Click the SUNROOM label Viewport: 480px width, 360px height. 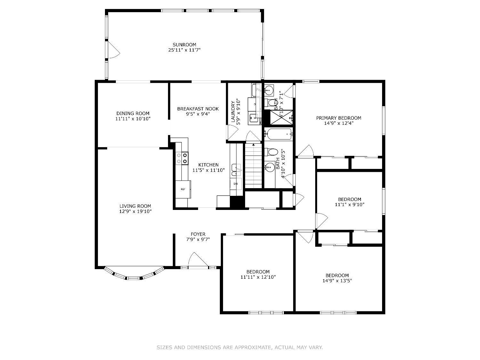[x=184, y=45]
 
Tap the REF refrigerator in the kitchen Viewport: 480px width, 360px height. [x=183, y=189]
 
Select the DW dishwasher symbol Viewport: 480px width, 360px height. [x=236, y=184]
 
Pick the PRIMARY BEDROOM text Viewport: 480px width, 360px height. [x=339, y=118]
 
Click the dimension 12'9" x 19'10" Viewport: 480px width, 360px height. [x=135, y=212]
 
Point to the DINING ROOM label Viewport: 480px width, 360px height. [x=133, y=113]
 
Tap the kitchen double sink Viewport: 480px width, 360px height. [x=236, y=170]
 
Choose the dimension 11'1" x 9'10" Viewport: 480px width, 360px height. [x=349, y=204]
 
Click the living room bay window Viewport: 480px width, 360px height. [x=134, y=275]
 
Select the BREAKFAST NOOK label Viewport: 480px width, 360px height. [x=198, y=109]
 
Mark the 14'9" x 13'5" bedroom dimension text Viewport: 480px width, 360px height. [x=337, y=281]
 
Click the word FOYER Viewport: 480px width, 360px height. [x=198, y=234]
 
